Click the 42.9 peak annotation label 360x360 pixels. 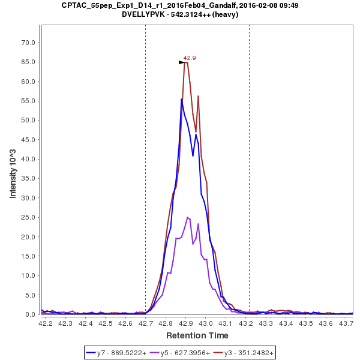tap(190, 58)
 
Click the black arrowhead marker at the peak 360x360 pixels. tap(182, 62)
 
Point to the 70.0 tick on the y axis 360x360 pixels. tap(28, 43)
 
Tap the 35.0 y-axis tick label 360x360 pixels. tap(28, 178)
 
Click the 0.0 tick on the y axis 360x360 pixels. tap(30, 314)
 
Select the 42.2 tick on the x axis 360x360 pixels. tap(45, 323)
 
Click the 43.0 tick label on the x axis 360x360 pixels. tap(206, 323)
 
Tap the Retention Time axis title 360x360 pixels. tap(197, 335)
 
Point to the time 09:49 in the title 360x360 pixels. tap(289, 5)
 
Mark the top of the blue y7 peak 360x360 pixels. tap(181, 99)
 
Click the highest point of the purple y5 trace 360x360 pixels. tap(188, 217)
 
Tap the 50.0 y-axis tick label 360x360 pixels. tap(28, 120)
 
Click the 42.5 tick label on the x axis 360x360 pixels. tap(106, 323)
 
